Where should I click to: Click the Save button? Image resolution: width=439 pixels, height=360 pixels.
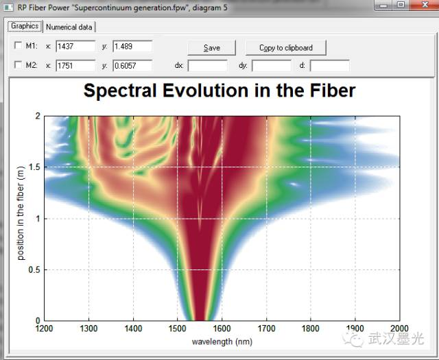(x=212, y=48)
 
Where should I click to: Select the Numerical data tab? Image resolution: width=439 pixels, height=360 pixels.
(x=69, y=27)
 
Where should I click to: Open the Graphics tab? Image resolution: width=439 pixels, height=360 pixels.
(x=24, y=27)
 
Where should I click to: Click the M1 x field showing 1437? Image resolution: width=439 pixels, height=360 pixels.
(x=75, y=47)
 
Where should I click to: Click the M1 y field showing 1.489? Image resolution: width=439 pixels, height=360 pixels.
(x=132, y=47)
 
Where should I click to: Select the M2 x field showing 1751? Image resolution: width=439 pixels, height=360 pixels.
(x=75, y=66)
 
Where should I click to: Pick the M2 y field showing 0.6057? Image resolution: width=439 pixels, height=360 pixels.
(x=132, y=66)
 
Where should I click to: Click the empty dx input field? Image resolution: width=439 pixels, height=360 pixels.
(x=207, y=66)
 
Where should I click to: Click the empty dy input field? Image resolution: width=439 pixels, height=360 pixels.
(x=271, y=66)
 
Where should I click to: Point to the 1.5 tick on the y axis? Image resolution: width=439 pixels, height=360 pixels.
(x=32, y=167)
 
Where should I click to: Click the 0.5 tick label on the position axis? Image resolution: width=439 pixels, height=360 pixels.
(x=32, y=270)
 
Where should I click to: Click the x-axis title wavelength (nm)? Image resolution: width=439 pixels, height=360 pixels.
(x=222, y=341)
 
